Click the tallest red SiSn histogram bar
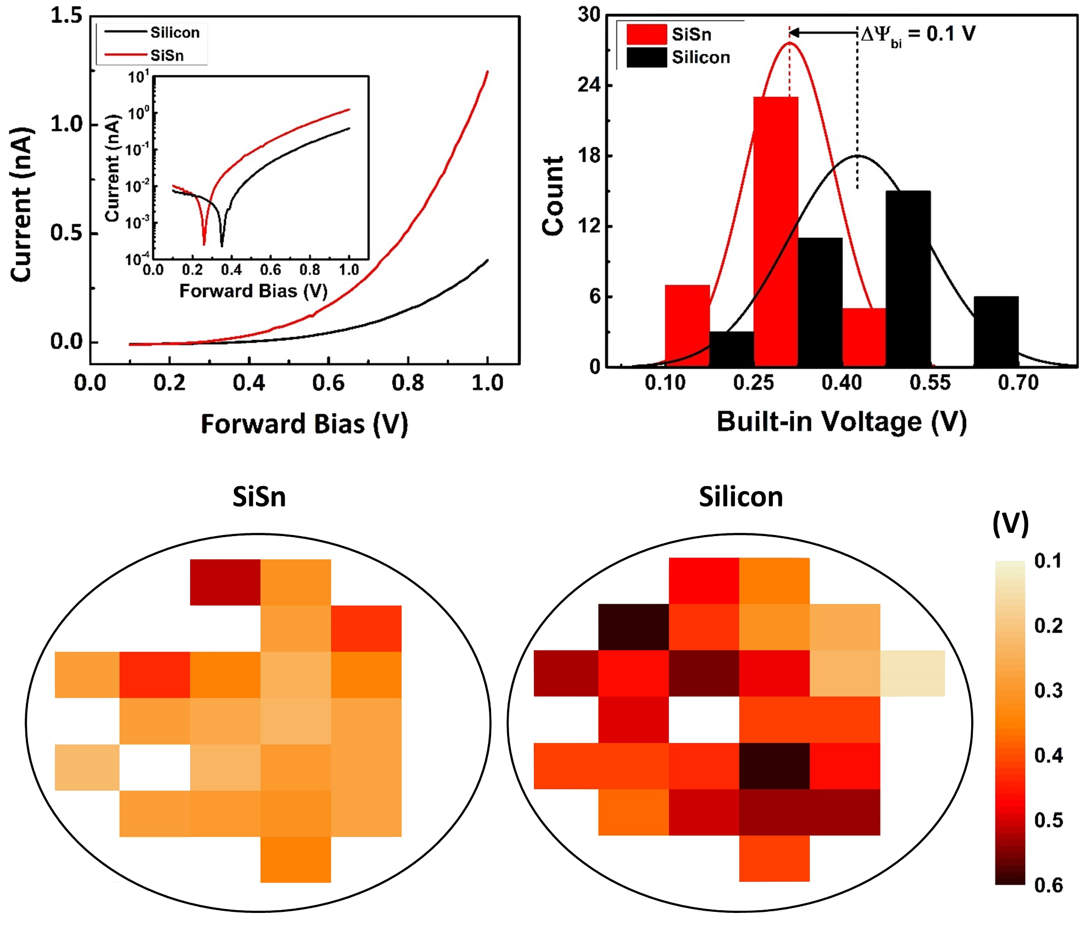tap(775, 231)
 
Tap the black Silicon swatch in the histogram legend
tap(647, 58)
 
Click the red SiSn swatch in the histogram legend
tap(647, 35)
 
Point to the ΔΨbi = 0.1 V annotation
tap(917, 35)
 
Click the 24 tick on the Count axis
tap(589, 85)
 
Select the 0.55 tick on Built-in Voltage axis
tap(931, 382)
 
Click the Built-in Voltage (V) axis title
tap(842, 422)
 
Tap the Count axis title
tap(553, 195)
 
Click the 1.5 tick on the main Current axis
tap(66, 15)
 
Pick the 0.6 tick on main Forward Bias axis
tap(328, 382)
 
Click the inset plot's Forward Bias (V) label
tap(253, 291)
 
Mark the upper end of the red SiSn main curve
tap(487, 72)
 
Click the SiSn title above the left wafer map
tap(259, 497)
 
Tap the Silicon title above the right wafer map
tap(740, 497)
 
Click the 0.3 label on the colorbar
tap(1048, 690)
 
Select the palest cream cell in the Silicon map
tap(912, 673)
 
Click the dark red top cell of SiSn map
tap(225, 582)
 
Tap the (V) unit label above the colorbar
tap(1010, 524)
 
